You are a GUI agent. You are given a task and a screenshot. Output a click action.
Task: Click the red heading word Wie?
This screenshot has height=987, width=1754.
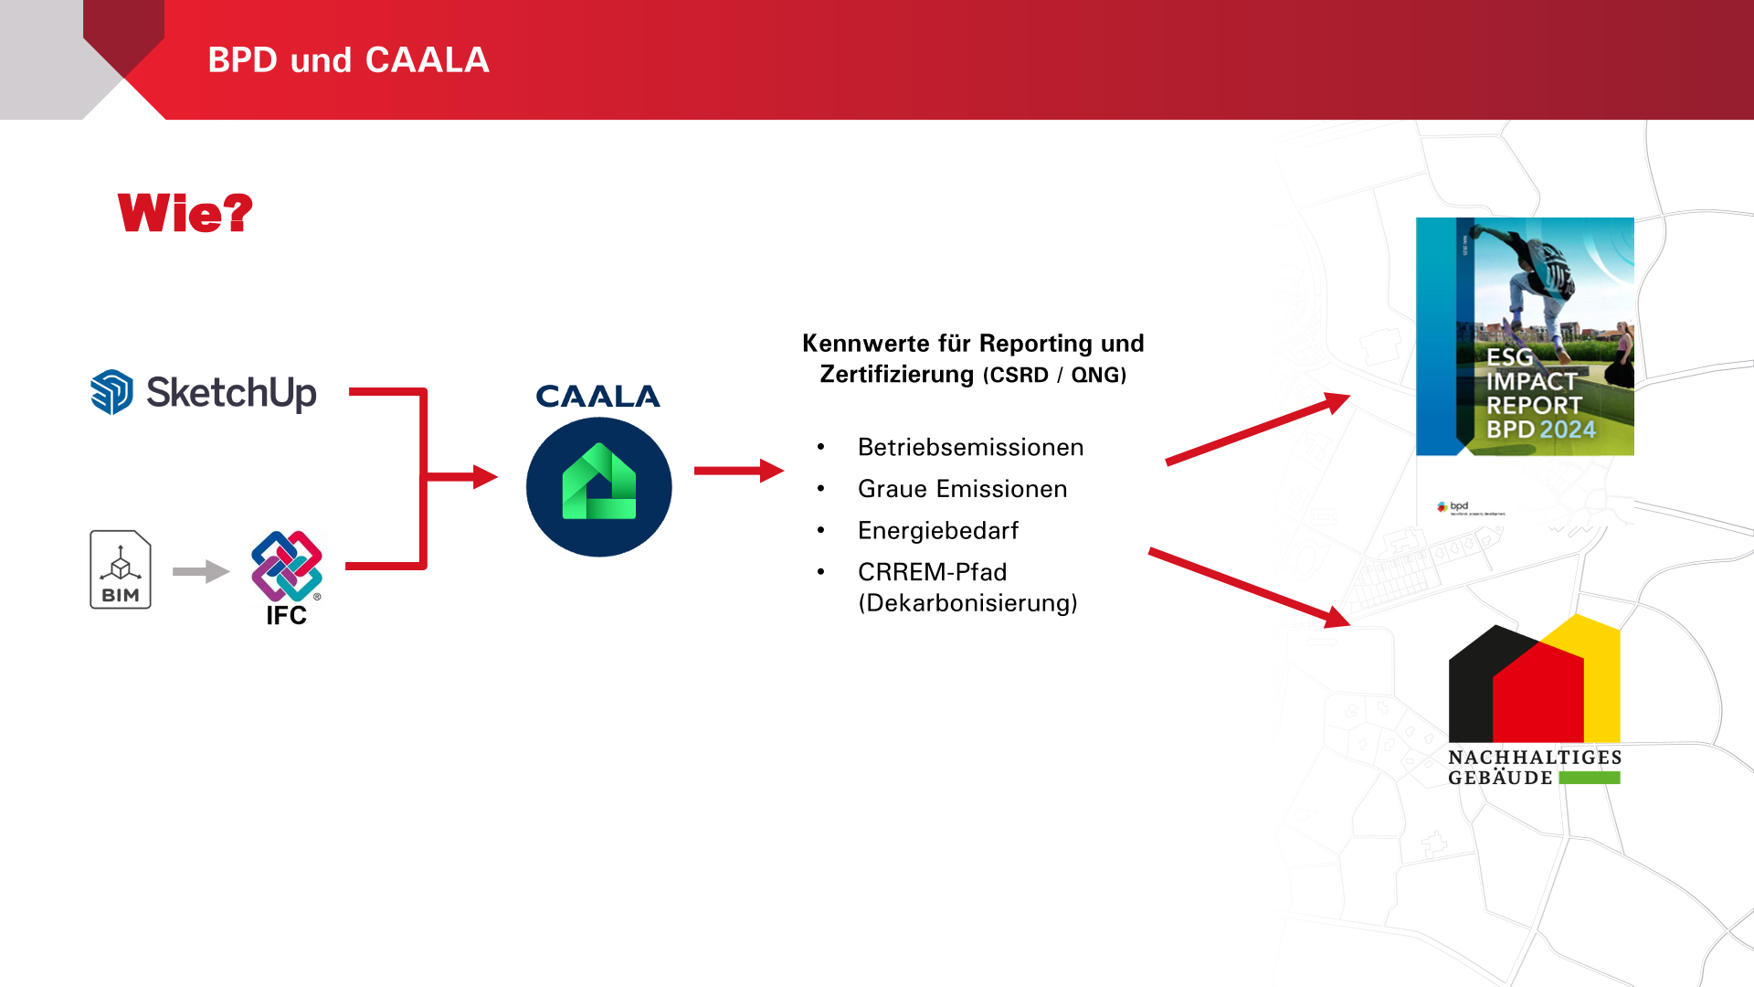tap(185, 213)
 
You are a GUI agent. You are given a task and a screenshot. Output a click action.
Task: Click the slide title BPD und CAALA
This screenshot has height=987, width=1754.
tap(348, 60)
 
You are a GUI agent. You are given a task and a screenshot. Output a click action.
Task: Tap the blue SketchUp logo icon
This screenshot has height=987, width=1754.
tap(112, 392)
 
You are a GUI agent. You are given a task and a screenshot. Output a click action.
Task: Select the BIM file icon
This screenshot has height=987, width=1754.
tap(121, 569)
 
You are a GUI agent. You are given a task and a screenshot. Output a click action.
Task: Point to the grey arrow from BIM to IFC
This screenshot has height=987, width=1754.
tap(201, 572)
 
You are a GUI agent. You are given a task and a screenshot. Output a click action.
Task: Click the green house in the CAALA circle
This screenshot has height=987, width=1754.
tap(599, 484)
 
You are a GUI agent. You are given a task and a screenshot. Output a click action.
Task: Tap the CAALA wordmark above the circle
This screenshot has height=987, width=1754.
tap(597, 397)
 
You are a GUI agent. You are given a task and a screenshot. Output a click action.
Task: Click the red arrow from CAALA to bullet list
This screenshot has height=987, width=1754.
tap(738, 471)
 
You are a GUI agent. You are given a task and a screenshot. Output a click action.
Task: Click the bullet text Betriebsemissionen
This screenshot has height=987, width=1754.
tap(970, 447)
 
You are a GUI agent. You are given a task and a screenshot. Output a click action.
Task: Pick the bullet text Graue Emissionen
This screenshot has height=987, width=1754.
tap(962, 489)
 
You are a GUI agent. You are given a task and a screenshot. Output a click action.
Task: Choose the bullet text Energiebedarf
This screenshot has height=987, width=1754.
tap(937, 530)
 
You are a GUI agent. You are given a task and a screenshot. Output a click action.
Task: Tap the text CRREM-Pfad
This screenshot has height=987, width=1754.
tap(932, 572)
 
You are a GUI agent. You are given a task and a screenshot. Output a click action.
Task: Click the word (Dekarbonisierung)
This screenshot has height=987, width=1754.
tap(967, 603)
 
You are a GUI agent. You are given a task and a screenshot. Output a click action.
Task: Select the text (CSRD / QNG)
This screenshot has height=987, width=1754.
tap(1054, 376)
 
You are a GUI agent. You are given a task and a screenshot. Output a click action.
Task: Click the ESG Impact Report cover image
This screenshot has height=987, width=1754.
tap(1524, 336)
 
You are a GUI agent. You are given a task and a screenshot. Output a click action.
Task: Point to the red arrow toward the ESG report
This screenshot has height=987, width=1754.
tap(1257, 430)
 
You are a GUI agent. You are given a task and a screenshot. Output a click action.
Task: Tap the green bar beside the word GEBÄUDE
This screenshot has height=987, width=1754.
tap(1589, 778)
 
